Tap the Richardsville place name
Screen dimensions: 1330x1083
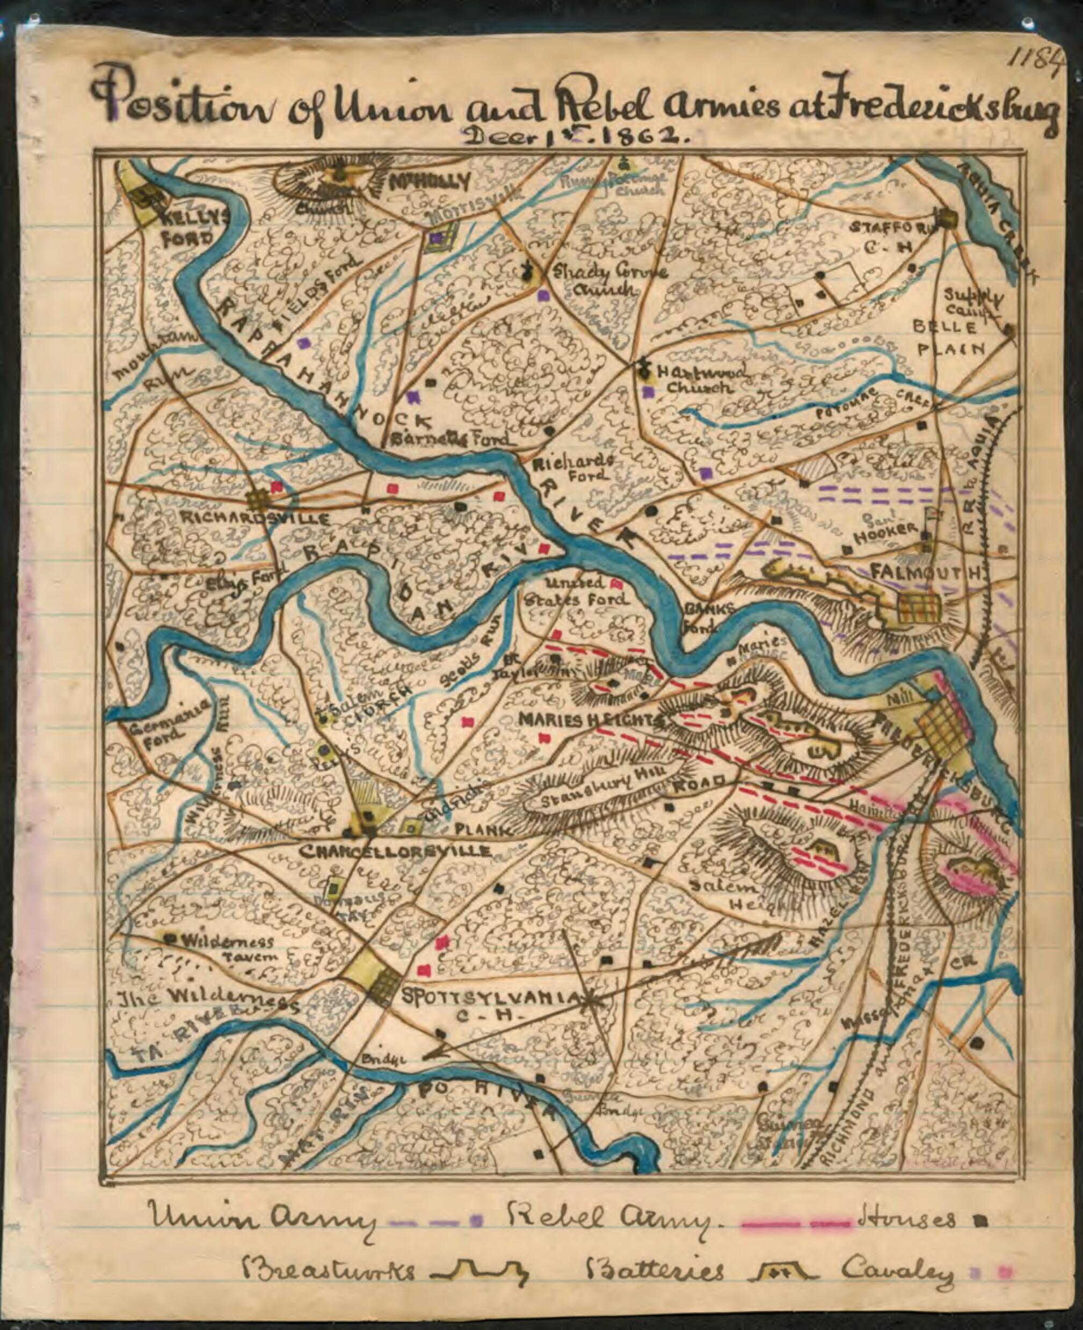coord(254,518)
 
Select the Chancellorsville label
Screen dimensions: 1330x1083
coord(395,852)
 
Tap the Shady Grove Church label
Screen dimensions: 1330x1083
coord(608,281)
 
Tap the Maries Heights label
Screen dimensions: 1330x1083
coord(590,720)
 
